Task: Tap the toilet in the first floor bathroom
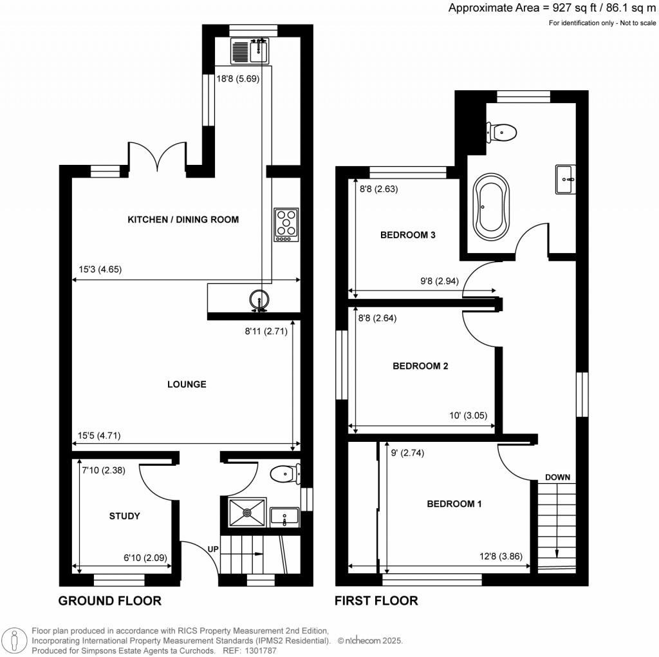click(x=502, y=133)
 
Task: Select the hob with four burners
click(x=286, y=224)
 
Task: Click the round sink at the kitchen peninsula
click(x=259, y=300)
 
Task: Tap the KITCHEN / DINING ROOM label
click(x=183, y=220)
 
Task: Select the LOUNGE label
click(x=187, y=385)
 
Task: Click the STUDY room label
click(x=124, y=516)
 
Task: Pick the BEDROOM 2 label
click(x=420, y=366)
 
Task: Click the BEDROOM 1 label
click(x=454, y=504)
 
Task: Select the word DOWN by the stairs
click(x=557, y=477)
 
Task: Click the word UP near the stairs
click(x=213, y=549)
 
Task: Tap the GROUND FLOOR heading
click(x=109, y=601)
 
